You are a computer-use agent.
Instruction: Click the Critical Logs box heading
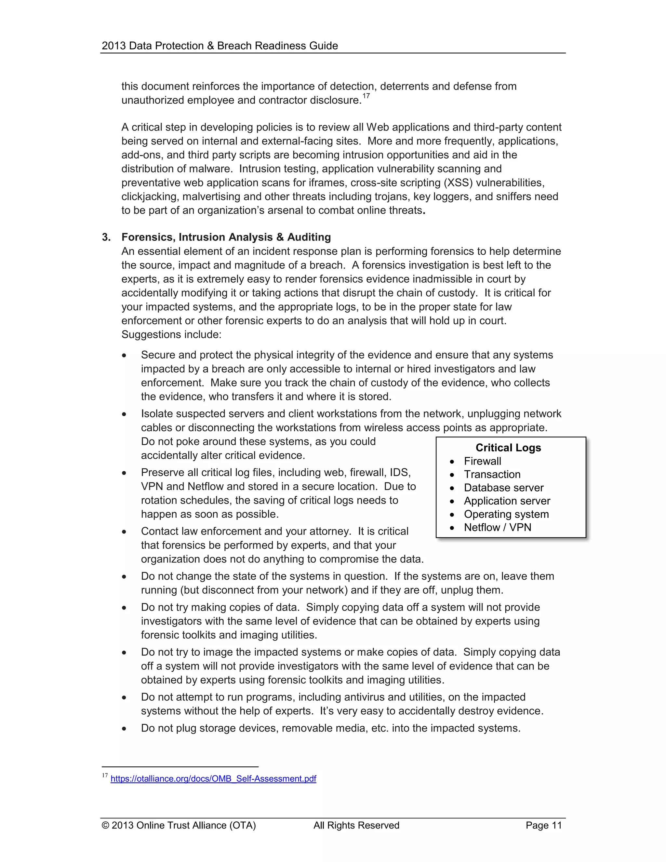click(508, 448)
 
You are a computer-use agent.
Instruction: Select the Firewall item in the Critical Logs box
click(482, 461)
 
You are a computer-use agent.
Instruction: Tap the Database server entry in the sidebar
click(503, 488)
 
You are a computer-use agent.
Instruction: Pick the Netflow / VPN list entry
click(497, 527)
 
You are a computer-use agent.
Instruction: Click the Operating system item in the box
click(506, 514)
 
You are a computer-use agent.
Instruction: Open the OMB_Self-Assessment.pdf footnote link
click(213, 778)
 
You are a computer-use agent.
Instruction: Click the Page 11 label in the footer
click(543, 825)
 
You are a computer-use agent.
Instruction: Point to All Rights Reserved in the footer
click(356, 825)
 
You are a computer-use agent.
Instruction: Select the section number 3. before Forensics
click(106, 237)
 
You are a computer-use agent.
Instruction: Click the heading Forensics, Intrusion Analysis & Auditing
click(226, 237)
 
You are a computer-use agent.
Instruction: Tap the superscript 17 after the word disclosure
click(366, 96)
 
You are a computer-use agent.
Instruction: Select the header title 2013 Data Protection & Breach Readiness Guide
click(220, 46)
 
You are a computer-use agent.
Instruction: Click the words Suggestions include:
click(171, 334)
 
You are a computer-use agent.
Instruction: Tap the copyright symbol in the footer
click(105, 825)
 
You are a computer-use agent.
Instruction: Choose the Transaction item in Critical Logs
click(492, 474)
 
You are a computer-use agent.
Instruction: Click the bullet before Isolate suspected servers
click(124, 414)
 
